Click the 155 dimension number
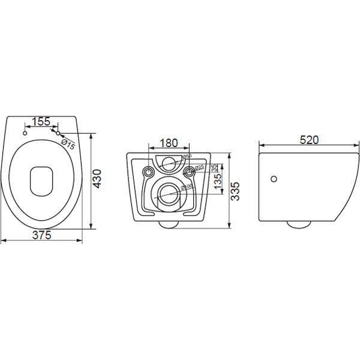tap(41, 122)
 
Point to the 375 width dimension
tap(41, 235)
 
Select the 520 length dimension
tap(308, 140)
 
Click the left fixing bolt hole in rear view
tap(148, 172)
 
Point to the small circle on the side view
tap(274, 179)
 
